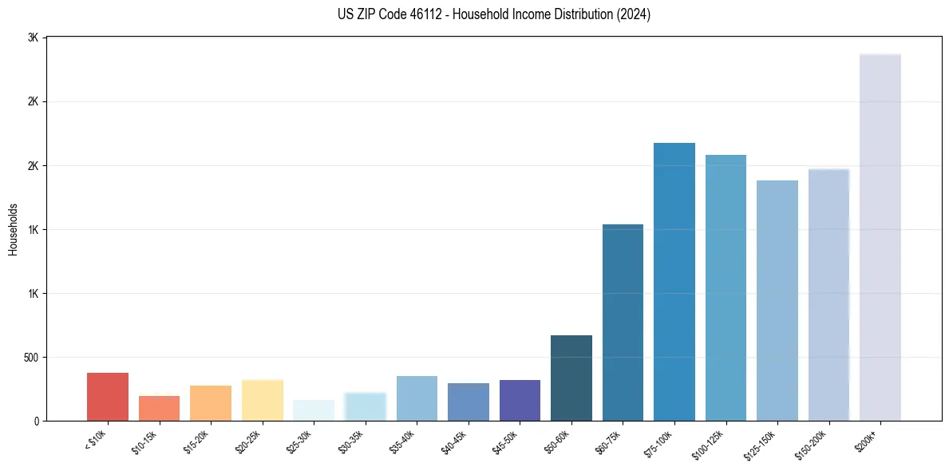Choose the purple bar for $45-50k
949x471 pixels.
point(520,400)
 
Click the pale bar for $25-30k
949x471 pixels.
point(314,410)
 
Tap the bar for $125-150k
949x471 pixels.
point(777,300)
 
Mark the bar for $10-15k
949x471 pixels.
point(159,408)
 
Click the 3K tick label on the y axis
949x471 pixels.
point(33,38)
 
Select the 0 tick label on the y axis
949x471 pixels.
point(37,422)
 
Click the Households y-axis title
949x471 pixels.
point(14,229)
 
